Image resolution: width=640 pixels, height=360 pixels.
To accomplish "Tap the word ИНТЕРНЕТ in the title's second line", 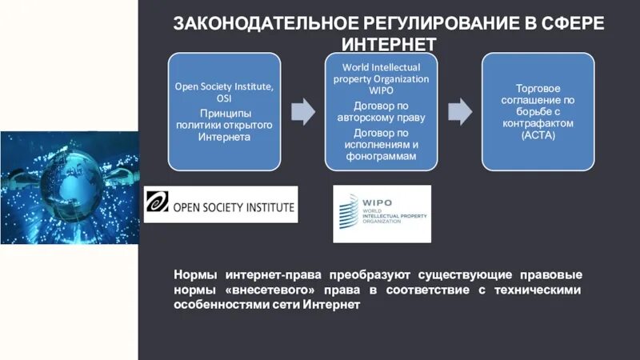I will click(389, 42).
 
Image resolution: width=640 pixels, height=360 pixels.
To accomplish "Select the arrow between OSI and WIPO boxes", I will click(302, 112).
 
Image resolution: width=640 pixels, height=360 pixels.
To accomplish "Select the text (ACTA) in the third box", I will click(538, 135).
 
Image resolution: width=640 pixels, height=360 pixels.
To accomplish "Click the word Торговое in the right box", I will click(538, 89).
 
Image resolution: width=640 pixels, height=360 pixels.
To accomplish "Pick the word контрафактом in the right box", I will click(538, 124).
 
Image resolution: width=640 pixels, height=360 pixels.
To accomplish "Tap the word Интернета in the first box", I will click(224, 137).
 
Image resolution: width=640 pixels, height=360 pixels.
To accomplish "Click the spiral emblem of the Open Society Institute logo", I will click(158, 204).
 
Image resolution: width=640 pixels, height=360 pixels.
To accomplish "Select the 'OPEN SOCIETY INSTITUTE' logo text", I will click(234, 206).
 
